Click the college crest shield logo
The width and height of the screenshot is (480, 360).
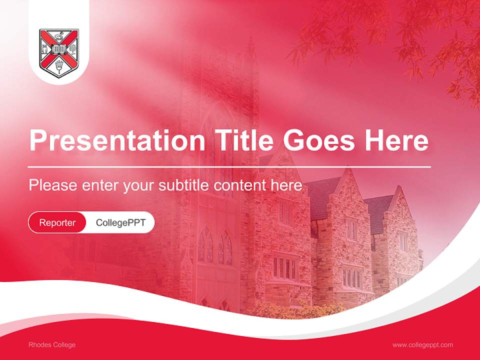[58, 53]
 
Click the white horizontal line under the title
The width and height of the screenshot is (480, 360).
[229, 166]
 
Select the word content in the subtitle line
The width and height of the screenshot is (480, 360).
[240, 185]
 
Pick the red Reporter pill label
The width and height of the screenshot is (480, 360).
[57, 222]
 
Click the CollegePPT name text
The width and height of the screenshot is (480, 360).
[120, 222]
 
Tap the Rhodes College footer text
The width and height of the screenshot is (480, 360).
[52, 344]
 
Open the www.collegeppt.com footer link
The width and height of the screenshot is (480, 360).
[422, 344]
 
